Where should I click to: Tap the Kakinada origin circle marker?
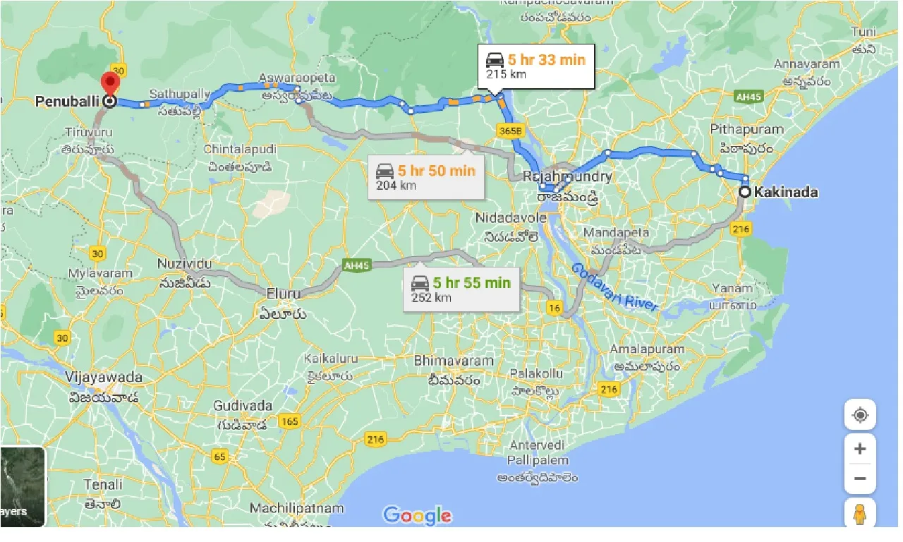click(x=744, y=191)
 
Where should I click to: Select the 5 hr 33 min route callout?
click(x=535, y=66)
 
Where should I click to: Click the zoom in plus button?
click(x=860, y=449)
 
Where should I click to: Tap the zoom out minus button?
click(x=860, y=478)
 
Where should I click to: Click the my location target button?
click(x=860, y=415)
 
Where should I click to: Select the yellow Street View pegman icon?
click(x=860, y=514)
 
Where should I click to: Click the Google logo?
click(x=417, y=515)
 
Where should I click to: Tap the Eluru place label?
click(x=284, y=294)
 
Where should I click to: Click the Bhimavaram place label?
click(x=454, y=361)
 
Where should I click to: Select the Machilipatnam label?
click(x=296, y=508)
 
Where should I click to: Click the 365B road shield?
click(x=507, y=131)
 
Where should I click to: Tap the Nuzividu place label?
click(x=184, y=263)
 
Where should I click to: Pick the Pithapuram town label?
click(x=746, y=129)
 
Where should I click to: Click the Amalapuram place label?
click(x=647, y=349)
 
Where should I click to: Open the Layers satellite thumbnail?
click(x=22, y=487)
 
